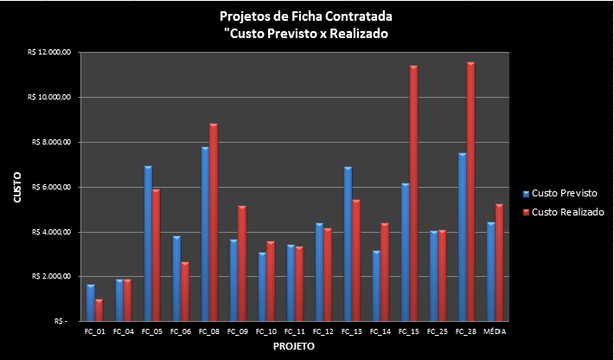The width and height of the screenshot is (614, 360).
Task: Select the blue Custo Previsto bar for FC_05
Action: (148, 243)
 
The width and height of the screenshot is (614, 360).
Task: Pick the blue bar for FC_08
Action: (205, 234)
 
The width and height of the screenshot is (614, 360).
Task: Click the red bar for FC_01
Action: (99, 310)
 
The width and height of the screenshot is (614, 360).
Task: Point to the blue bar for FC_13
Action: (348, 243)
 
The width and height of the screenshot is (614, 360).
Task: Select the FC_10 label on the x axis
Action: (266, 331)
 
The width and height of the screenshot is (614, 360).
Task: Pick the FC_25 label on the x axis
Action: (438, 331)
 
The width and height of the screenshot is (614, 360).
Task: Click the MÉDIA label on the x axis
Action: (495, 331)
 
